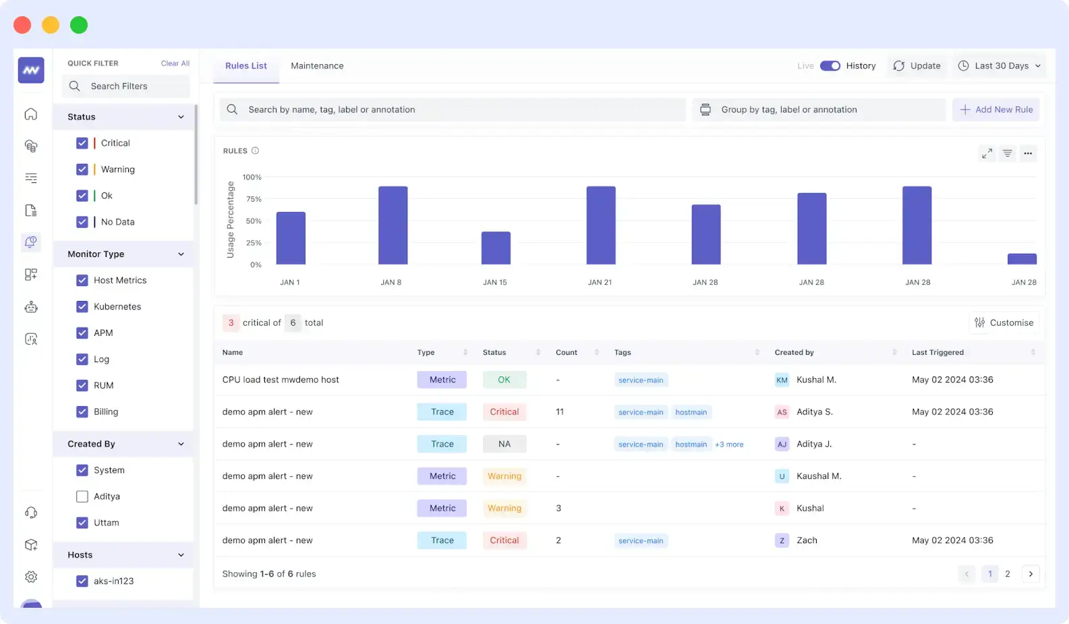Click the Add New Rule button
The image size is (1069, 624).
pyautogui.click(x=996, y=109)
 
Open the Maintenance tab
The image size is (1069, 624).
pyautogui.click(x=317, y=65)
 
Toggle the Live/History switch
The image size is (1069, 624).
pyautogui.click(x=830, y=65)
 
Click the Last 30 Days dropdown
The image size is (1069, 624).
pyautogui.click(x=1000, y=65)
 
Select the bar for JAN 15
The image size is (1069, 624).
pyautogui.click(x=496, y=248)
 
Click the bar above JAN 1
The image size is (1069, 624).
pyautogui.click(x=291, y=237)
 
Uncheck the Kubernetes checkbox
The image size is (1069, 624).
pyautogui.click(x=82, y=306)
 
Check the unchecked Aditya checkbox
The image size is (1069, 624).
pyautogui.click(x=82, y=497)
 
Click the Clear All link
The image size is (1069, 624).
pyautogui.click(x=175, y=63)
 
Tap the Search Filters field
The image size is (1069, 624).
pyautogui.click(x=126, y=86)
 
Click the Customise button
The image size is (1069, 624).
pyautogui.click(x=1004, y=322)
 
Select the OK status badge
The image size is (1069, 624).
pyautogui.click(x=504, y=380)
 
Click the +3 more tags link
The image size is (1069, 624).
pyautogui.click(x=729, y=445)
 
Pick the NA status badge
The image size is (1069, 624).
pyautogui.click(x=504, y=444)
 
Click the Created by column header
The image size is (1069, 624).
pyautogui.click(x=794, y=352)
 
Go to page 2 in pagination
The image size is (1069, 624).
pyautogui.click(x=1008, y=574)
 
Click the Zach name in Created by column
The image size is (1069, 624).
pyautogui.click(x=807, y=540)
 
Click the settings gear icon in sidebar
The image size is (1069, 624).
pyautogui.click(x=31, y=577)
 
